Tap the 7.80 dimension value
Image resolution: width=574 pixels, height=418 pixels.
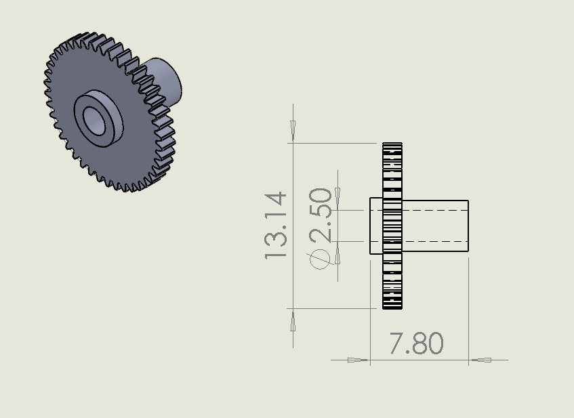tap(416, 344)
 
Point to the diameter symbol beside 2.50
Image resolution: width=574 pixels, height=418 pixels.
tap(320, 259)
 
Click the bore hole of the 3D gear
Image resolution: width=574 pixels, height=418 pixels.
tap(96, 120)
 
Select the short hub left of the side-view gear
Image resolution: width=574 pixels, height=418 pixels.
tap(376, 226)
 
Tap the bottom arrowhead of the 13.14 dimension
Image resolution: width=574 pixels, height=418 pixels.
tap(293, 323)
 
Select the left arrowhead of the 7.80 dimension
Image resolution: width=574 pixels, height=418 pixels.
tap(356, 360)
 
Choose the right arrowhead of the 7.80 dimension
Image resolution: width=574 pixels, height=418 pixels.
tap(481, 360)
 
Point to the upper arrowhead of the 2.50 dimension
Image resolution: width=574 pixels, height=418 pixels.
tap(337, 196)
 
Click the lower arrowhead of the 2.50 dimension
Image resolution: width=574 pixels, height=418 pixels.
tap(337, 255)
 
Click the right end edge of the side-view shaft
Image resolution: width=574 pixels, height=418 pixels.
tap(468, 226)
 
